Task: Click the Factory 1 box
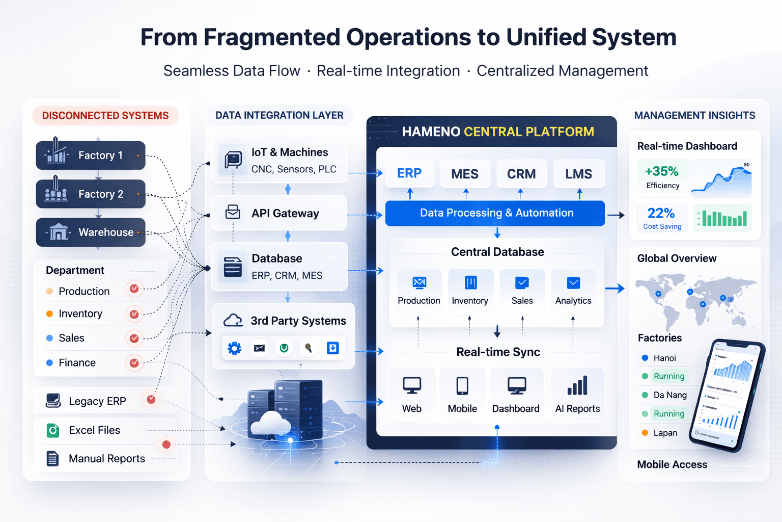pos(91,155)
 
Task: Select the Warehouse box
pos(91,232)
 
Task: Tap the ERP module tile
pos(410,173)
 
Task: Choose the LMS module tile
pos(579,174)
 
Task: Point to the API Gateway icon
pos(233,212)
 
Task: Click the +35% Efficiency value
pos(662,171)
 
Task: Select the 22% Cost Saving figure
pos(661,213)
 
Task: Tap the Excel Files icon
pos(53,430)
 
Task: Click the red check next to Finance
pos(134,363)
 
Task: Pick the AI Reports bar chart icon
pos(577,386)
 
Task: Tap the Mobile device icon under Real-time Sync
pos(462,386)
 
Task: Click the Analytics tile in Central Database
pos(573,291)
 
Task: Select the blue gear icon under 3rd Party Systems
pos(234,348)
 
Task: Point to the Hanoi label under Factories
pos(664,358)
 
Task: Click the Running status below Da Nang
pos(669,413)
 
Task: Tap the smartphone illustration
pos(728,395)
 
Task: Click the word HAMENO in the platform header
pos(431,132)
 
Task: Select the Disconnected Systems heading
pos(105,116)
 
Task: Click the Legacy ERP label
pos(97,401)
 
